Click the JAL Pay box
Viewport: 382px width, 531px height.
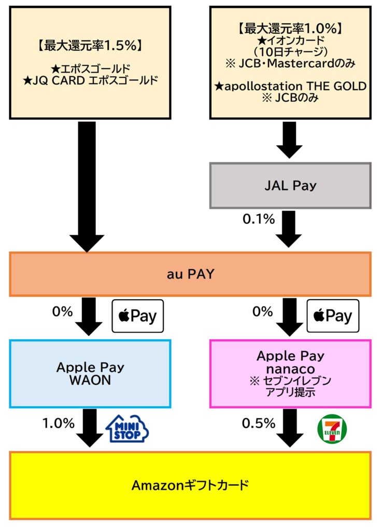click(290, 185)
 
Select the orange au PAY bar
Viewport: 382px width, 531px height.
click(190, 274)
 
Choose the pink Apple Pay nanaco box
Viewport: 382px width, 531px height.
click(290, 373)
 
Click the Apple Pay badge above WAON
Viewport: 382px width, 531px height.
click(138, 316)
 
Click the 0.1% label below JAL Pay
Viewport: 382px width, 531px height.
click(259, 219)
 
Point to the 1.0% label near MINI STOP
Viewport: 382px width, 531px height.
click(59, 423)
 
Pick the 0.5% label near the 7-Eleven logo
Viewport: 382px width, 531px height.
click(259, 423)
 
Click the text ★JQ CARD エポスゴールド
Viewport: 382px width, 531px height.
click(90, 80)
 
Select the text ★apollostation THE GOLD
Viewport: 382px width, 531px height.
click(290, 86)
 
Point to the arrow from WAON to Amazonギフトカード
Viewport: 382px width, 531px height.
click(89, 428)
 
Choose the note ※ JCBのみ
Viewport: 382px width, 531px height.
click(290, 98)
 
